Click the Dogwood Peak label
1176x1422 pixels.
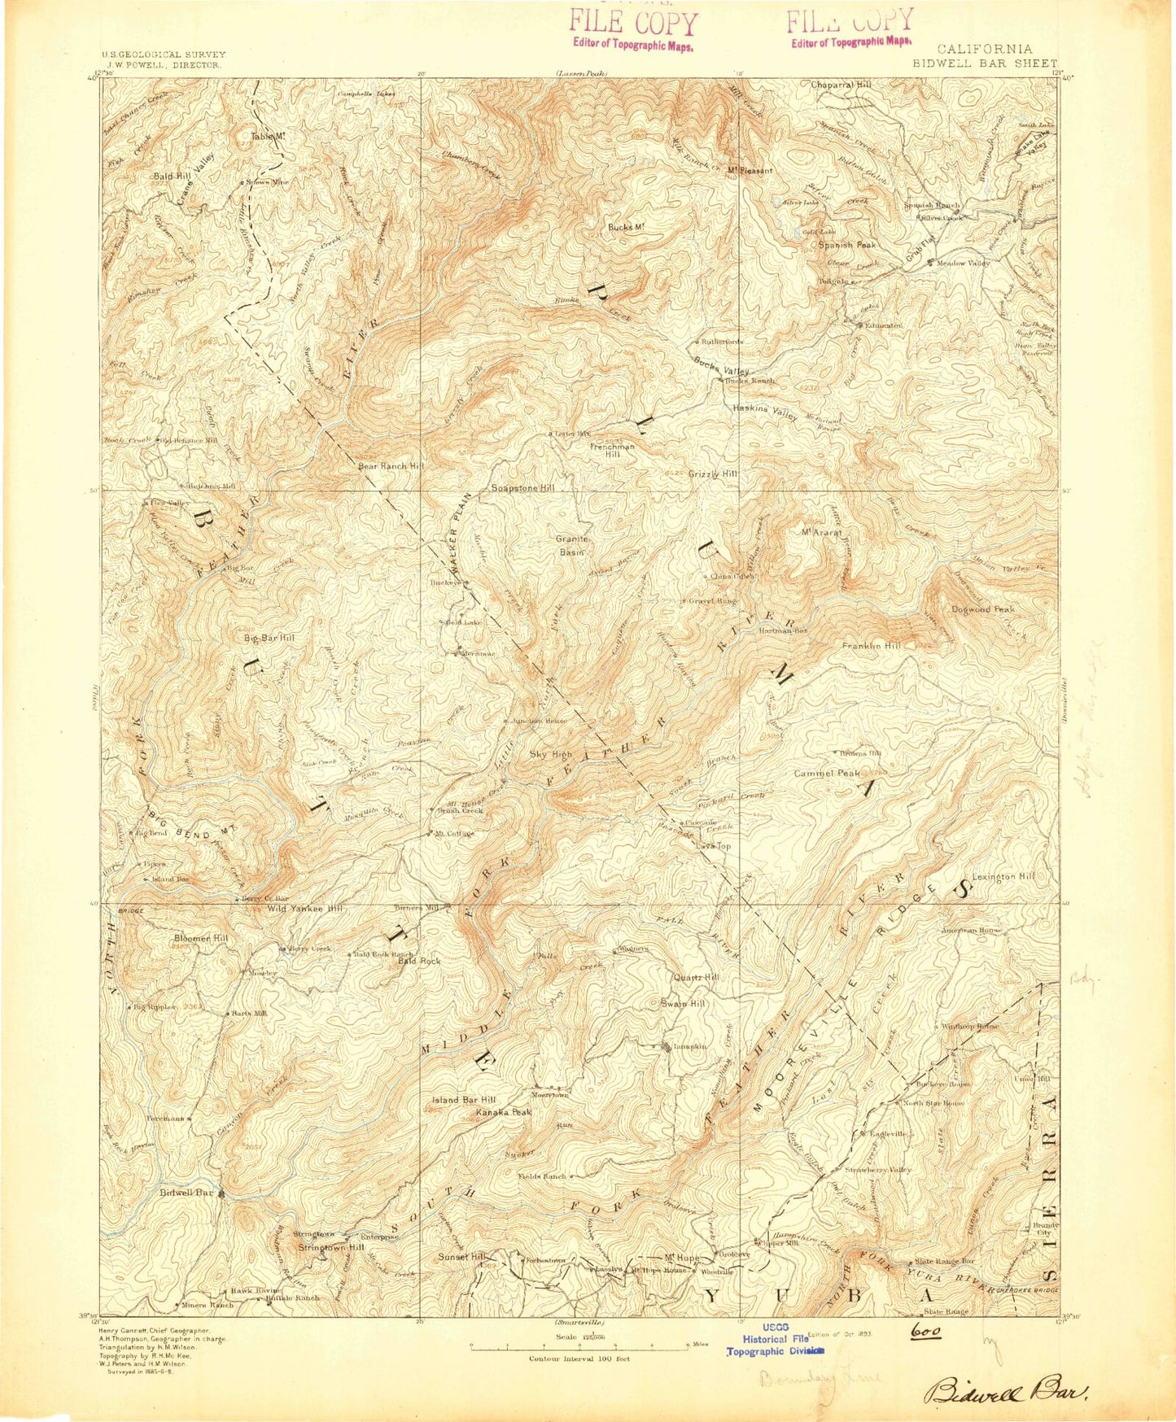coord(982,608)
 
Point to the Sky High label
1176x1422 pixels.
coord(551,754)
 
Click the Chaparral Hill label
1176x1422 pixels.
coord(841,85)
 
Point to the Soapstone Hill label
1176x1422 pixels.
coord(522,488)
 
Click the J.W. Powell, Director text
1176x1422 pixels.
coord(163,63)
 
